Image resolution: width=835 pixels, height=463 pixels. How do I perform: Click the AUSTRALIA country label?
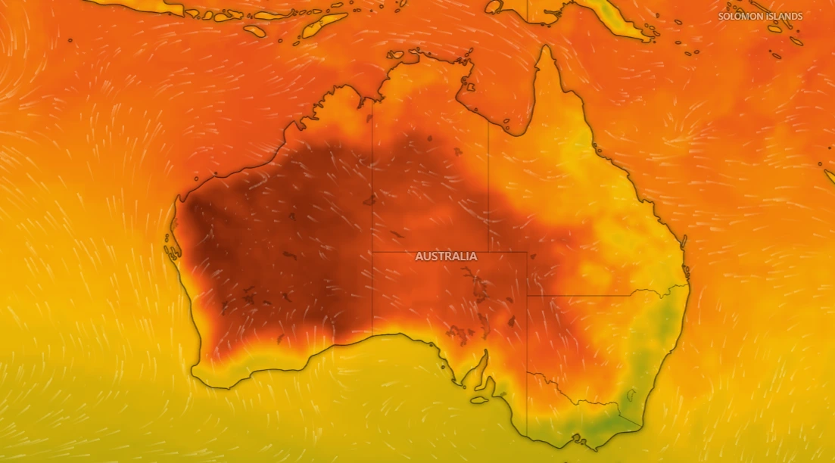coord(446,256)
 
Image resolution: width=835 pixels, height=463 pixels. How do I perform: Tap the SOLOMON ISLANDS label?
coord(760,16)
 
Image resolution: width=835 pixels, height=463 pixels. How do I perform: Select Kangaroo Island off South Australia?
coord(480,400)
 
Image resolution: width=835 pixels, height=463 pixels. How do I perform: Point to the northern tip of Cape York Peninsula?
coord(544,48)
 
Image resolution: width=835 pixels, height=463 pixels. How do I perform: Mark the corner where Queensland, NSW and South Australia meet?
coord(527,296)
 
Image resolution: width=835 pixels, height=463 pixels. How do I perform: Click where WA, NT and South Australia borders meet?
coord(372,252)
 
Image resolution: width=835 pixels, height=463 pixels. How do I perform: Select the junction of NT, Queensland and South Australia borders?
coord(488,252)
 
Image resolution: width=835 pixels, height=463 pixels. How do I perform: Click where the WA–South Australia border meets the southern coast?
coord(372,335)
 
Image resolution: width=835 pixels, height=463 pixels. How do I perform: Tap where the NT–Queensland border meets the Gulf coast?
coord(488,121)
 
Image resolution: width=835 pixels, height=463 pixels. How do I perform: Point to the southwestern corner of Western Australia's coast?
coord(195,370)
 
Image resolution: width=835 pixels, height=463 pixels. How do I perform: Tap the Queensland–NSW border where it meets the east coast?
coord(688,285)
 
